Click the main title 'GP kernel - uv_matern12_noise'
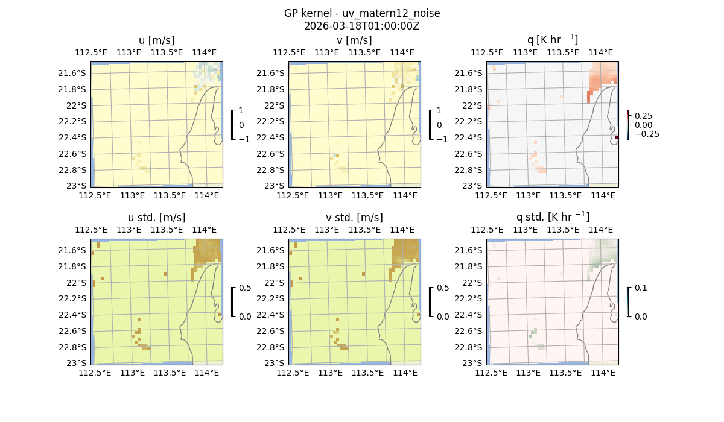[362, 13]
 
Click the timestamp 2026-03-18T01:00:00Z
[362, 26]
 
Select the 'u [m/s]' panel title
[156, 40]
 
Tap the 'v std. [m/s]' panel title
[354, 218]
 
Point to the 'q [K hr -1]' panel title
[552, 40]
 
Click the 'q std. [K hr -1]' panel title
[552, 217]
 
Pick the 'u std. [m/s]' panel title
[156, 218]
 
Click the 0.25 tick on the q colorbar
[643, 116]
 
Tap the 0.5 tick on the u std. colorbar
[245, 288]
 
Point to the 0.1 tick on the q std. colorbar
[641, 288]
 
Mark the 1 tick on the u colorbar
[241, 110]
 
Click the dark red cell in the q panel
[616, 137]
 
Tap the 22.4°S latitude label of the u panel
[74, 137]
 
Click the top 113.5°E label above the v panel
[363, 52]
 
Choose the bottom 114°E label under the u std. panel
[206, 373]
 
